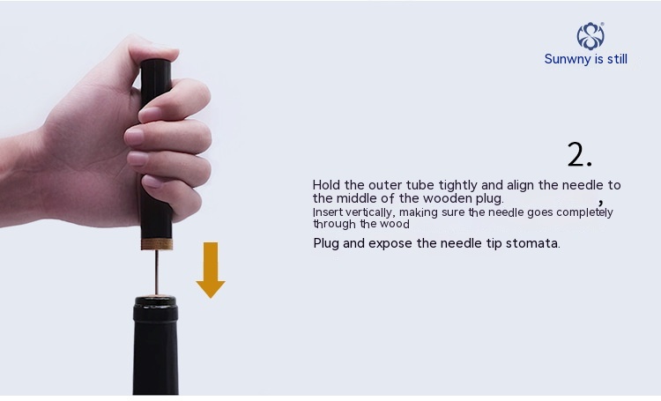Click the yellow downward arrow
pyautogui.click(x=211, y=270)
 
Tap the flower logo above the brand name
pyautogui.click(x=590, y=36)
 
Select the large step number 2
pyautogui.click(x=579, y=154)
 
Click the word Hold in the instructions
pyautogui.click(x=326, y=185)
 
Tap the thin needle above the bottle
pyautogui.click(x=156, y=272)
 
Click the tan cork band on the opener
pyautogui.click(x=157, y=244)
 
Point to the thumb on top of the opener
pyautogui.click(x=154, y=49)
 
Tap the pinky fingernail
pyautogui.click(x=152, y=182)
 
